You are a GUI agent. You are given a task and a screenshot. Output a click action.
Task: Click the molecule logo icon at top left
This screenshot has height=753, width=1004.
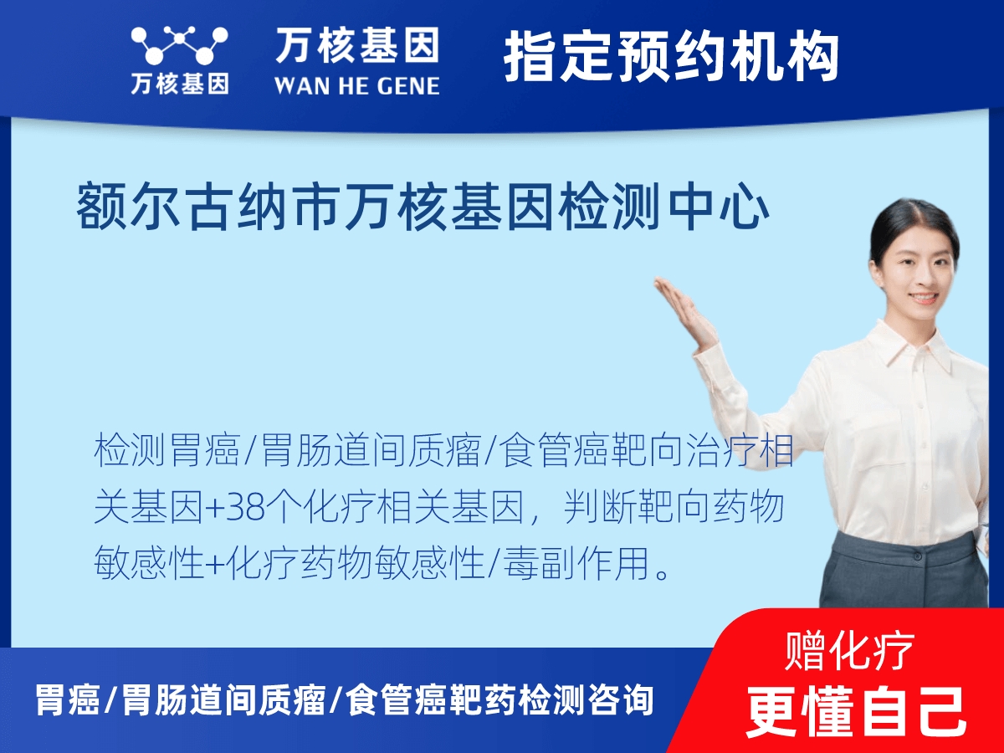[179, 46]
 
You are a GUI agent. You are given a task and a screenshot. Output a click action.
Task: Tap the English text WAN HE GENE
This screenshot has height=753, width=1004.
[357, 86]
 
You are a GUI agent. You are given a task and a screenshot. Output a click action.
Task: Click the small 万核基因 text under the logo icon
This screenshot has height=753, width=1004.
[179, 84]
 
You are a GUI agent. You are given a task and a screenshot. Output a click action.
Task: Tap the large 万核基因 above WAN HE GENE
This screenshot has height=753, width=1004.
[357, 45]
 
